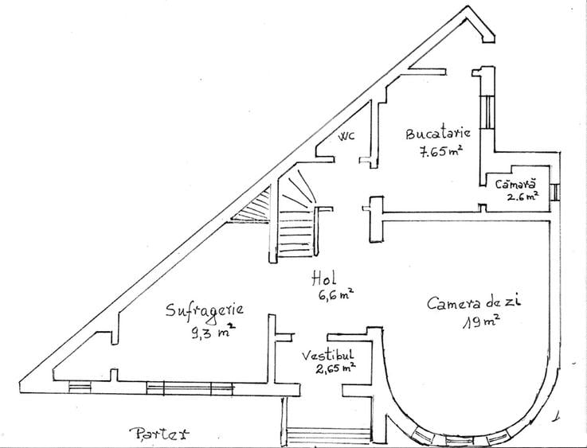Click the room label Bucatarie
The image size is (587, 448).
(x=438, y=133)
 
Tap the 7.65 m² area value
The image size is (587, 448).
(x=440, y=151)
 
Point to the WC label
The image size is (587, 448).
(x=346, y=136)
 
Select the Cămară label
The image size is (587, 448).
(x=515, y=184)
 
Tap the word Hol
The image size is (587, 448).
(x=324, y=279)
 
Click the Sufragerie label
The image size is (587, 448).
(x=205, y=311)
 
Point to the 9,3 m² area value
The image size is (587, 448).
(x=213, y=330)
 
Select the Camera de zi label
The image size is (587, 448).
(x=474, y=302)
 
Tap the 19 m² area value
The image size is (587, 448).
(x=481, y=321)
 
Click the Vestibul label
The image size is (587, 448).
(x=327, y=355)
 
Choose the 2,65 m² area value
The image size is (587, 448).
(x=335, y=368)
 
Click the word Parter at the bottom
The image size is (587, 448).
(x=159, y=434)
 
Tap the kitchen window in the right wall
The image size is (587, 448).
(x=487, y=112)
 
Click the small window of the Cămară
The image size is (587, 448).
(x=555, y=193)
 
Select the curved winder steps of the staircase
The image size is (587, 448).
(x=298, y=190)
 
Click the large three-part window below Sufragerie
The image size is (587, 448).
(x=190, y=388)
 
